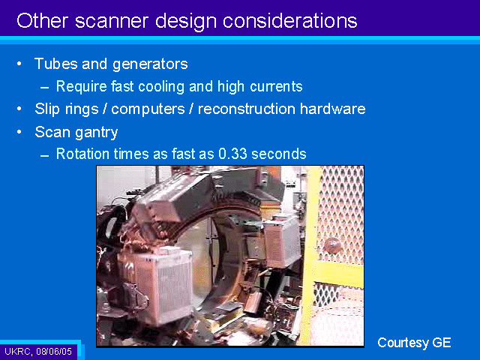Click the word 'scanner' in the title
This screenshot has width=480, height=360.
click(112, 21)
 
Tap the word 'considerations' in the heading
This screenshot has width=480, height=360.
click(290, 21)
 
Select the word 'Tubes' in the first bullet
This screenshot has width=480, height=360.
click(56, 64)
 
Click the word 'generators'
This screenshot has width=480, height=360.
click(150, 64)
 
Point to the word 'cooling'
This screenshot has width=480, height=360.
click(161, 87)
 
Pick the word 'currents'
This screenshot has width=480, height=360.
click(276, 87)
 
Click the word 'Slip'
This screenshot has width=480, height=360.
click(47, 109)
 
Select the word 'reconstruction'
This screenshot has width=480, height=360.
click(247, 109)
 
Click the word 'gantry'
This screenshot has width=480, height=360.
click(97, 133)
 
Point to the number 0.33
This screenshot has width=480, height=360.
click(232, 154)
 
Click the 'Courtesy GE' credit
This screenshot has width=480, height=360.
click(414, 343)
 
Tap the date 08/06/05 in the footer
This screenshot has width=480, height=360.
click(54, 351)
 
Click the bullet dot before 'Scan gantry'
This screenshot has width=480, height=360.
click(19, 132)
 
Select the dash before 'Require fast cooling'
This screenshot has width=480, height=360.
click(45, 88)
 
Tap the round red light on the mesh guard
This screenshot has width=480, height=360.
click(332, 245)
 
